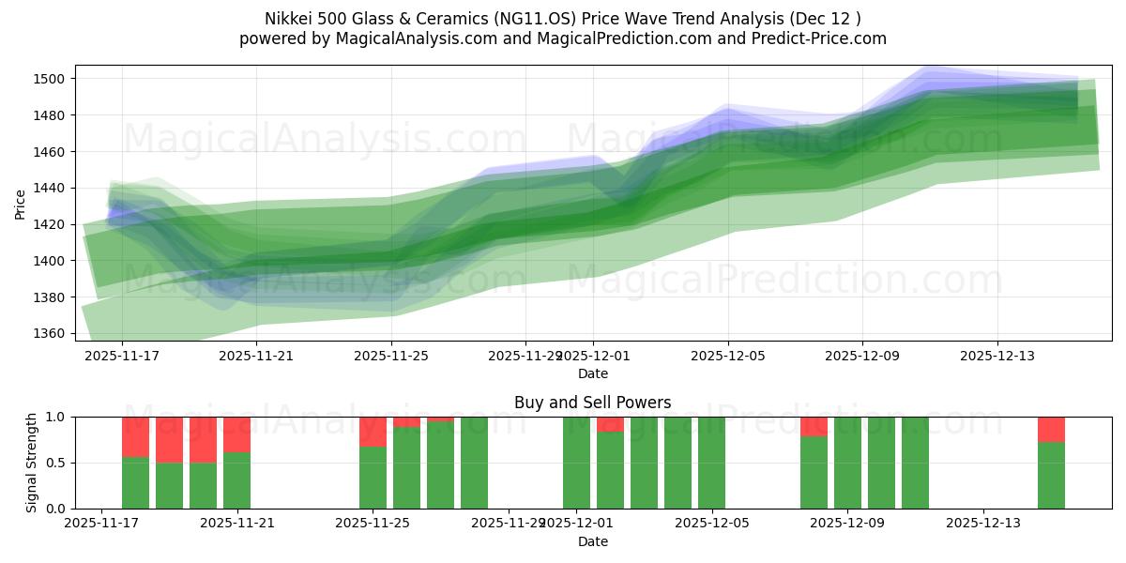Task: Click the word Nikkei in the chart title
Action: pos(287,18)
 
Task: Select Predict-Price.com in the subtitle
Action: pos(814,38)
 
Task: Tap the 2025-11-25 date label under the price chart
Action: pos(391,356)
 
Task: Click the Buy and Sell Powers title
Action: pos(592,403)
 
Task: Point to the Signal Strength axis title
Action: pos(33,463)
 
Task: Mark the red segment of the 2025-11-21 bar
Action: pos(236,434)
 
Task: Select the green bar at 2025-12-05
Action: pos(711,463)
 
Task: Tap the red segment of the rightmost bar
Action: pos(1051,429)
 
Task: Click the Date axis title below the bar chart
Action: pos(592,541)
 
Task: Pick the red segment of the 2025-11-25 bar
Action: pos(373,432)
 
